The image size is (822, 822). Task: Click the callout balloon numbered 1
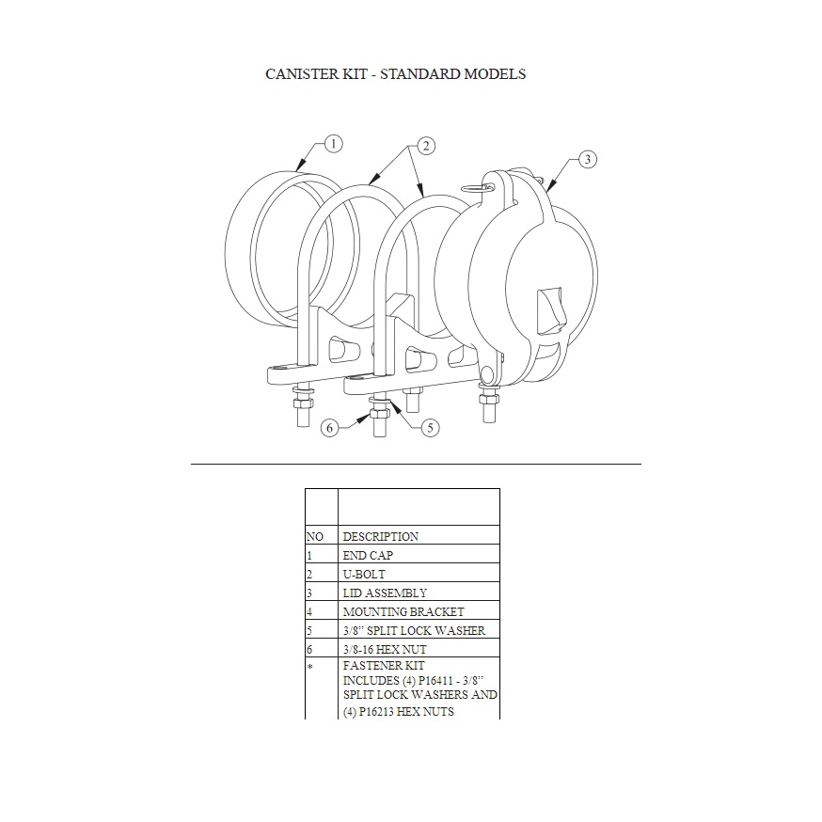(x=334, y=144)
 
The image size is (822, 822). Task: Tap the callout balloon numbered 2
(x=426, y=146)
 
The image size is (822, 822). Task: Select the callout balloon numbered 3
(x=587, y=159)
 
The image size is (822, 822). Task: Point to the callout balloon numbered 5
(x=430, y=428)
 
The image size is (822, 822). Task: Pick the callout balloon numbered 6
(x=330, y=428)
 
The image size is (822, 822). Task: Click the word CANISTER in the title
(x=302, y=74)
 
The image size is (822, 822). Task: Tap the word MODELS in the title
(x=495, y=74)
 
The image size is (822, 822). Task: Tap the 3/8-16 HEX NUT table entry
(x=385, y=650)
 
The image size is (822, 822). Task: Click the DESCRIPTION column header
(x=381, y=536)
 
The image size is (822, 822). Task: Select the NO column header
(x=314, y=536)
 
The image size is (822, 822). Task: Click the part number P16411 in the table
(x=436, y=681)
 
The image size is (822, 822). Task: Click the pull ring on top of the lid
(x=477, y=187)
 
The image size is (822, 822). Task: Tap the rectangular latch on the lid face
(x=550, y=311)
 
